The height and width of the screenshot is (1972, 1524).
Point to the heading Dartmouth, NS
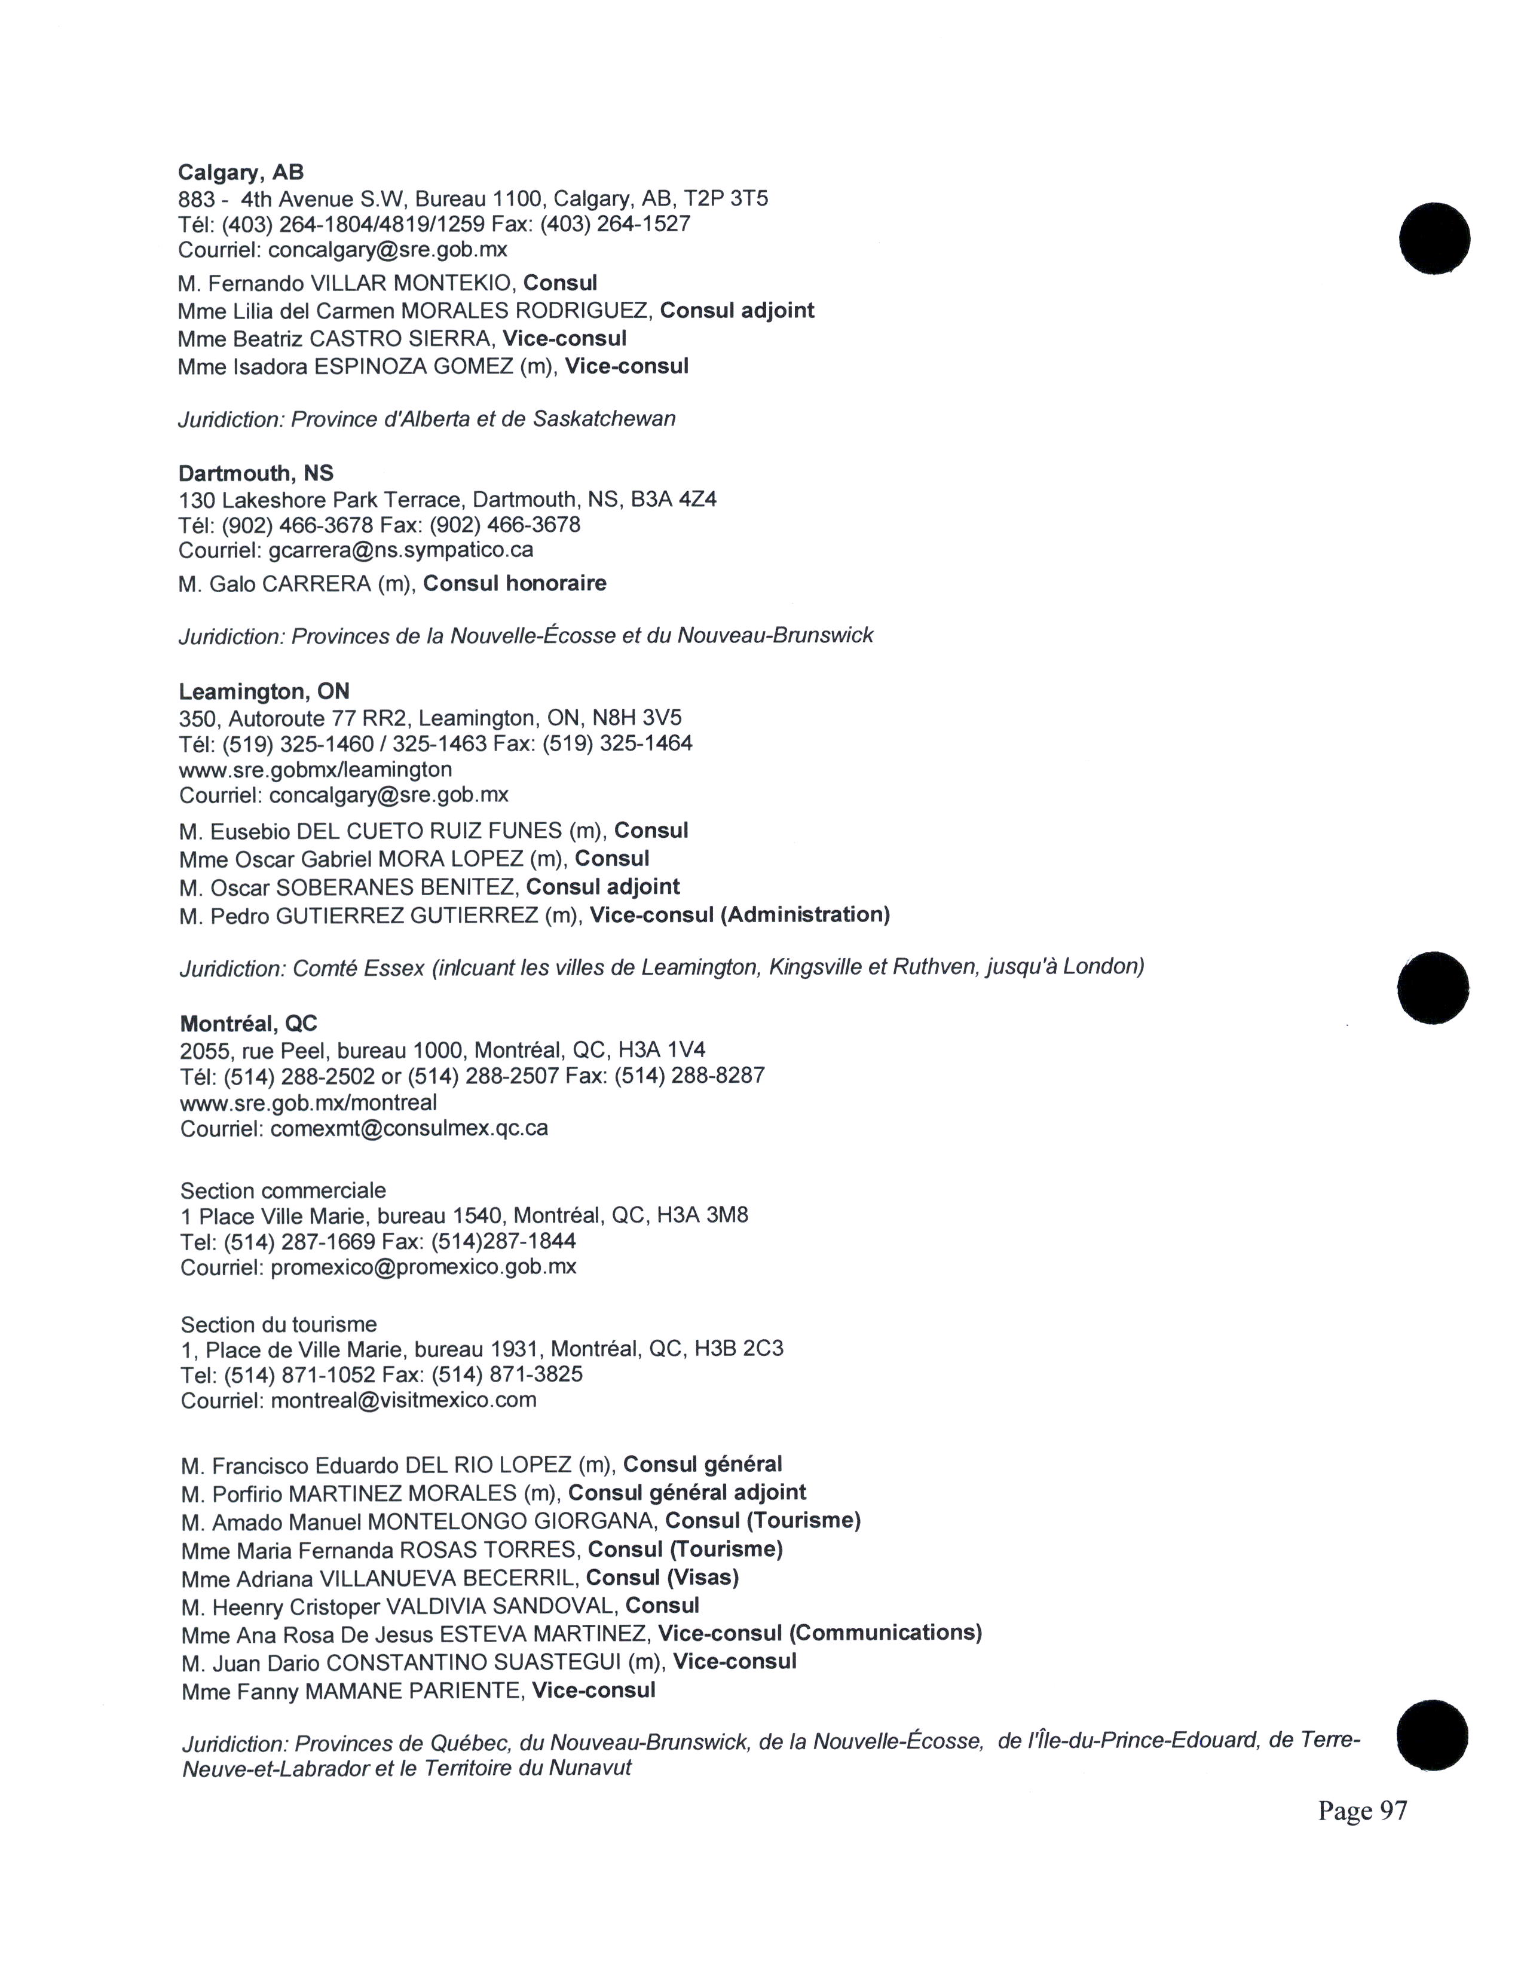(256, 473)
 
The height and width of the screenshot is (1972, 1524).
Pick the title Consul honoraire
(515, 583)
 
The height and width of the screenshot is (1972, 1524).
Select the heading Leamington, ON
(264, 691)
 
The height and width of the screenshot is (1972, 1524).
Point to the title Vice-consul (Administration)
(739, 915)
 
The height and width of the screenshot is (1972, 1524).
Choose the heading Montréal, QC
(248, 1023)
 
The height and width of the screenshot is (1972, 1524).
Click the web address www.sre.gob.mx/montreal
(308, 1103)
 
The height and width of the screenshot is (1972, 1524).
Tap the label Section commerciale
(283, 1190)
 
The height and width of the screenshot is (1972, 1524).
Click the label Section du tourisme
(278, 1325)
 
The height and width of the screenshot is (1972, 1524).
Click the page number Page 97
(1361, 1811)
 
